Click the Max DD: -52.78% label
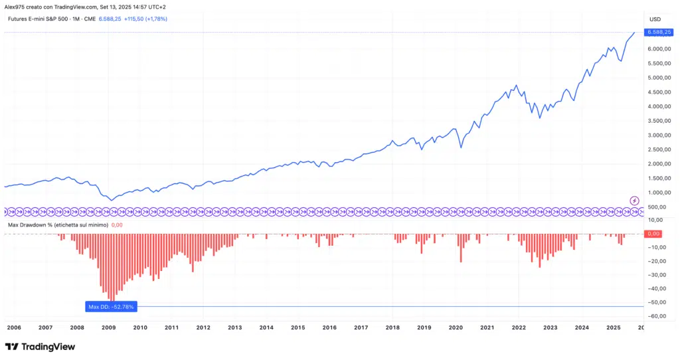click(x=112, y=307)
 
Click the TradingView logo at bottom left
click(x=40, y=347)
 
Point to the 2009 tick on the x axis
click(x=108, y=327)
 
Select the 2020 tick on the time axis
click(x=456, y=327)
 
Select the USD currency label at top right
click(x=655, y=19)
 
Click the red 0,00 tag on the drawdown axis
click(x=653, y=234)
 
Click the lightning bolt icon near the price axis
click(x=634, y=201)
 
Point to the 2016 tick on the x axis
click(x=329, y=327)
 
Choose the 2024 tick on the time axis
click(x=582, y=327)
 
